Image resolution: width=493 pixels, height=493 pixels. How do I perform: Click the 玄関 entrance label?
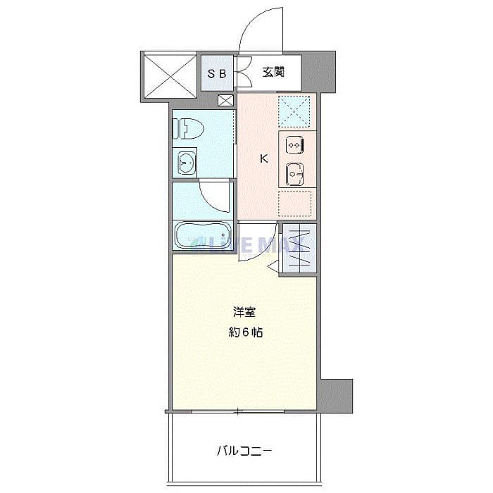click(x=273, y=71)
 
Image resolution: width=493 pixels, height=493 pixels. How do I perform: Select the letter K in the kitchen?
click(x=264, y=158)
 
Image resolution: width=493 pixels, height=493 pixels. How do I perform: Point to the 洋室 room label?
click(x=244, y=311)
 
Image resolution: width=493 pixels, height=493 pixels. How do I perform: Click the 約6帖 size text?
click(x=245, y=332)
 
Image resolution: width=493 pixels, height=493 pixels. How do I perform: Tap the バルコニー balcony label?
click(x=244, y=450)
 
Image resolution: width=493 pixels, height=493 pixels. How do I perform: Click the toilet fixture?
click(x=189, y=129)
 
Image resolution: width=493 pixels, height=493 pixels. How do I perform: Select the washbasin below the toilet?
click(x=187, y=163)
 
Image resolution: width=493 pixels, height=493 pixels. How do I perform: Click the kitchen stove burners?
click(x=294, y=144)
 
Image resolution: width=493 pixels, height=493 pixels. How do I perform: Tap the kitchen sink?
click(x=294, y=171)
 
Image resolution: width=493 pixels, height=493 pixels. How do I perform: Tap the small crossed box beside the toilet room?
click(x=226, y=100)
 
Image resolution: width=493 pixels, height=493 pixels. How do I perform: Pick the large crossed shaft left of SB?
click(x=169, y=75)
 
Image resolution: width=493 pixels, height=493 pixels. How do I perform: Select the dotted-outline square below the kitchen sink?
click(x=296, y=204)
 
